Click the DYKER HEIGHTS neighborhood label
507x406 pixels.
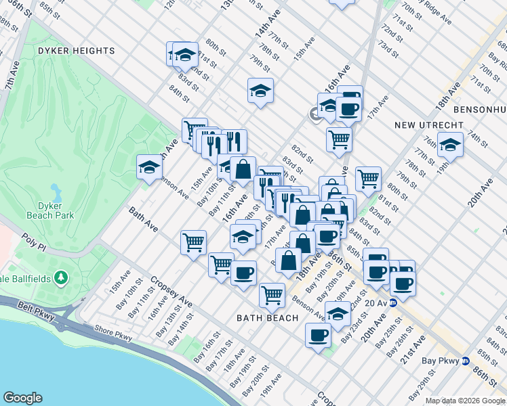[77, 51]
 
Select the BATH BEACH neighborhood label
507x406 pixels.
[268, 318]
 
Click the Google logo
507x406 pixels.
[22, 398]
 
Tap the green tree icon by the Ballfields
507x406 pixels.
[61, 277]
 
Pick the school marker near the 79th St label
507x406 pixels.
[260, 91]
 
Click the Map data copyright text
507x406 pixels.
[464, 401]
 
